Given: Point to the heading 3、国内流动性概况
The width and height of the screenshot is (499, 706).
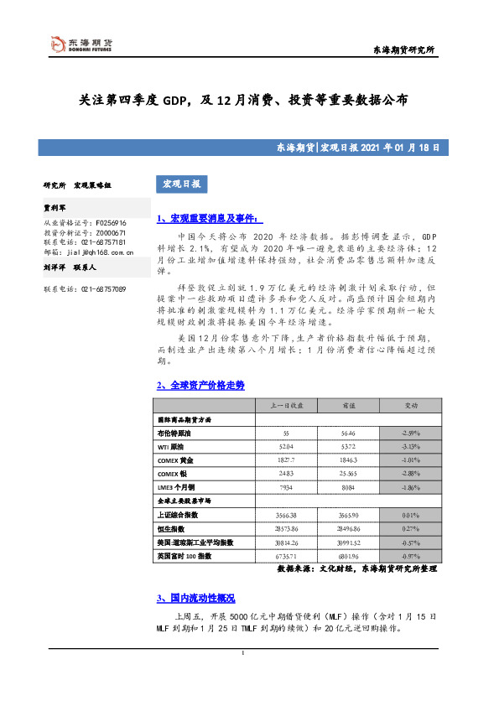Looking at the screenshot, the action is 195,599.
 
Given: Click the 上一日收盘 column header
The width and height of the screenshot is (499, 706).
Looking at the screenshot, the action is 287,405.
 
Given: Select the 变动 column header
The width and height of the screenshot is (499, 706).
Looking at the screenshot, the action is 411,405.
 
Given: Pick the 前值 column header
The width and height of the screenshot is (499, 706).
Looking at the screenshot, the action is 349,405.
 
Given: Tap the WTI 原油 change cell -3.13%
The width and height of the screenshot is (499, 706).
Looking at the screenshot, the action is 411,447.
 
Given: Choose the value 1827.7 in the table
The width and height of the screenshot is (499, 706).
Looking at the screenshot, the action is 287,460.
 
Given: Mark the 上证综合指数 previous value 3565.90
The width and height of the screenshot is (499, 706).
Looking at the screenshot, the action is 349,515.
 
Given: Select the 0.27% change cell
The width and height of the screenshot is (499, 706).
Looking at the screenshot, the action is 411,528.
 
